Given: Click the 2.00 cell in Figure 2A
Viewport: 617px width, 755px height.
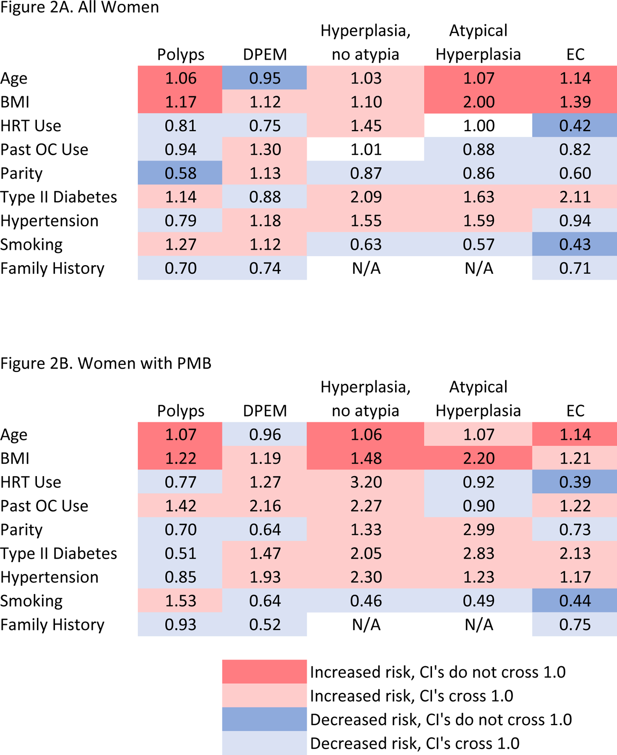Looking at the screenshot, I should (478, 102).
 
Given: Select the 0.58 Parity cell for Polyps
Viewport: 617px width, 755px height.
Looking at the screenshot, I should (180, 173).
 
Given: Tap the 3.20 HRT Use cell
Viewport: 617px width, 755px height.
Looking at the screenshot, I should (366, 482).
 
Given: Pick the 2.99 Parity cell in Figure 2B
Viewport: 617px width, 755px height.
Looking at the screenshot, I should (478, 530).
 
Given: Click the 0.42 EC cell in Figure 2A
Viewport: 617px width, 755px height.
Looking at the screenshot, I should (575, 126).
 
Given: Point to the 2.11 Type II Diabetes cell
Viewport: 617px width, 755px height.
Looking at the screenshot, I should (575, 197).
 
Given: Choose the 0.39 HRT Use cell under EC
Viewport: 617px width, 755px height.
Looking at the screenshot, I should (575, 482).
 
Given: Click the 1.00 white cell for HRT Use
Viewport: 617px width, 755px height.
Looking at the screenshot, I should (478, 126).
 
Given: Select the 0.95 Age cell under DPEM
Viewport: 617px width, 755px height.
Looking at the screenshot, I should (265, 78).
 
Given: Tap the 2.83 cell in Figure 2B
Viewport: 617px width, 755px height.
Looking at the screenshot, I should (478, 553).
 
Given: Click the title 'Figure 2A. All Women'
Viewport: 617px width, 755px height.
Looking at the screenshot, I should (80, 8).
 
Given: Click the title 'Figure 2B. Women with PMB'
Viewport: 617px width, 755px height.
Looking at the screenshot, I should (106, 363).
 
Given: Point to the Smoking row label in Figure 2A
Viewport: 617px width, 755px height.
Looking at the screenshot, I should (31, 245).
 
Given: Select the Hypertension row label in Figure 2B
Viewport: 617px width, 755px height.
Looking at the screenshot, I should (49, 577).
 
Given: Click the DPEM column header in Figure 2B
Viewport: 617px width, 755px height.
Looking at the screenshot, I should (265, 411).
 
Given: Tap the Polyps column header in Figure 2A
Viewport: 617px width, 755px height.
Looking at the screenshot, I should (180, 55).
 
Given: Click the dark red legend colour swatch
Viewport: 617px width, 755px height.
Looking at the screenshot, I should (264, 672).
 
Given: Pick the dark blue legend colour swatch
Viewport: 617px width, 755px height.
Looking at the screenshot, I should (264, 719).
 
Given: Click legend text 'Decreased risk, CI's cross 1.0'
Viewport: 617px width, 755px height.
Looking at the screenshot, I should (414, 743).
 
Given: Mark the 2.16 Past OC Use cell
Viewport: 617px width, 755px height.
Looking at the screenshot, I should (265, 506).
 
